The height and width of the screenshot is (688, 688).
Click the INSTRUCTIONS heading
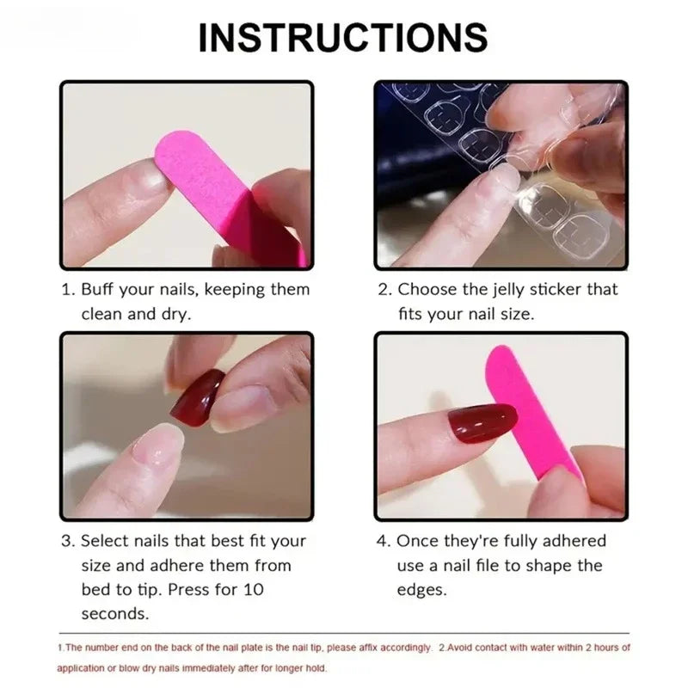point(343,37)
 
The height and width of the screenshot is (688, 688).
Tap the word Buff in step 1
point(101,290)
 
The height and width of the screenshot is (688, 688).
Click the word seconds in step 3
point(114,614)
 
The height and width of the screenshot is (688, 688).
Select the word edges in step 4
point(421,590)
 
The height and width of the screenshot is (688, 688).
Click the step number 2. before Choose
point(384,290)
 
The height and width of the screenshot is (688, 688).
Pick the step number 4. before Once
point(384,541)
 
